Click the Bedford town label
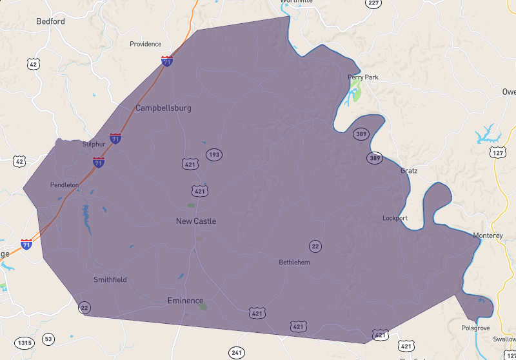(50, 21)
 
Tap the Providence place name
(145, 44)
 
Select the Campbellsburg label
(163, 108)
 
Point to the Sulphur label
(94, 144)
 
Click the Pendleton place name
(64, 185)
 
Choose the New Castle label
(196, 221)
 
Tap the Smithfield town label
(110, 280)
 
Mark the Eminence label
(185, 301)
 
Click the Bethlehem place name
(294, 263)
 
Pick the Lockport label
(395, 218)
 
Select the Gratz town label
(409, 171)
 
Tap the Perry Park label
(363, 77)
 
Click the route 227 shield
(373, 3)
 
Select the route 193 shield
(214, 154)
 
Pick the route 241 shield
(236, 352)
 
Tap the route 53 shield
(48, 339)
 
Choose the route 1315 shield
(25, 343)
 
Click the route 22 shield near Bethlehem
(315, 246)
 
